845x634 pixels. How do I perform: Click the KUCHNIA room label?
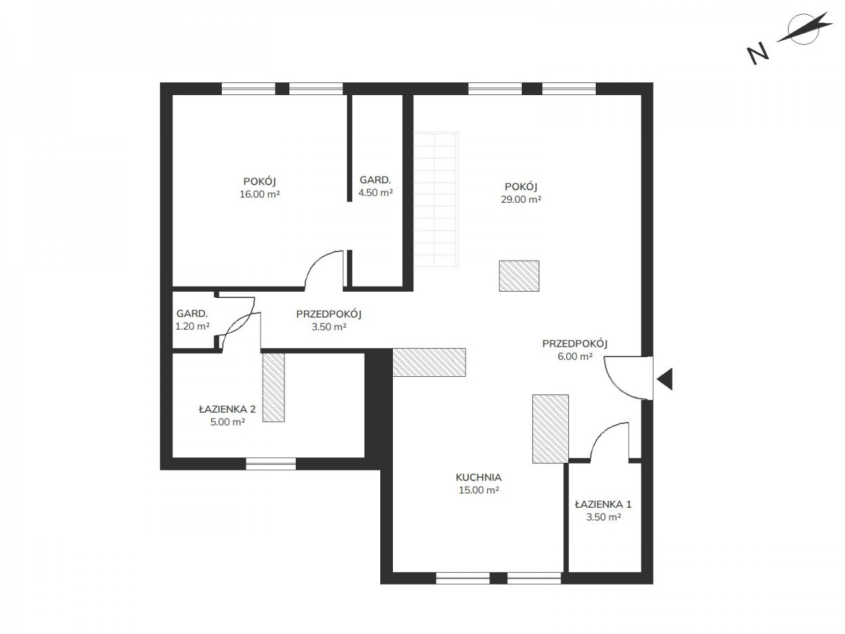[478, 478]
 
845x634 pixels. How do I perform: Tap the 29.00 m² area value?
[520, 199]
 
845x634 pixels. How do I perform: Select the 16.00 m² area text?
[259, 194]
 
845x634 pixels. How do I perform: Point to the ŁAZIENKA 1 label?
[603, 504]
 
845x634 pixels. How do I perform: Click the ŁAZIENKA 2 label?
[227, 409]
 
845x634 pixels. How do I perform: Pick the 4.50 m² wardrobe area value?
[375, 192]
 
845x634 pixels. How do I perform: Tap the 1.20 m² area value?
[192, 326]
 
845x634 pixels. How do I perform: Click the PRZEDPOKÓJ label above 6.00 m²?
[575, 343]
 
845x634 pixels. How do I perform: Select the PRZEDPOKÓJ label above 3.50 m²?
[328, 314]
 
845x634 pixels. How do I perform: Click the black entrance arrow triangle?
[666, 379]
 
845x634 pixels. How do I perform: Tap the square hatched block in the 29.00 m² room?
[519, 275]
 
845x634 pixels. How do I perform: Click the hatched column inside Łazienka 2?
[273, 387]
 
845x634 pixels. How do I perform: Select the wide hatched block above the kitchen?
[429, 362]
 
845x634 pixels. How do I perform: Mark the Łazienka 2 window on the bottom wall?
[270, 464]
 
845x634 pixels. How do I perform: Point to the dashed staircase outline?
[435, 199]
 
